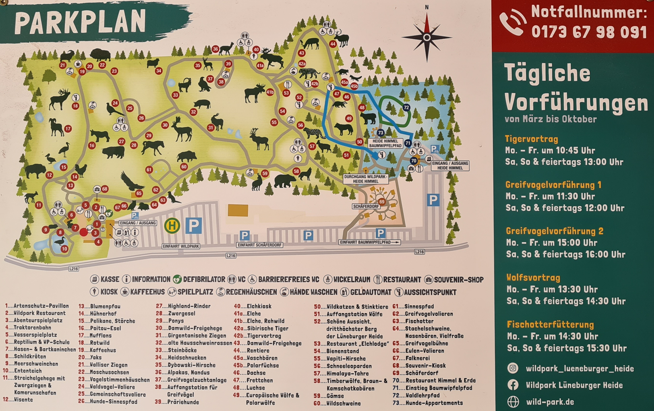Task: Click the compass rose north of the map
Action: (427, 37)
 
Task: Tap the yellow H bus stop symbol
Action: (172, 226)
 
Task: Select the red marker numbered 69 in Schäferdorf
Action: (381, 202)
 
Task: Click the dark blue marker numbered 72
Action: (406, 108)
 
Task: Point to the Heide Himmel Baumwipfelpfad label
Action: (385, 143)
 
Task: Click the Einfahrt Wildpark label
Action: (181, 246)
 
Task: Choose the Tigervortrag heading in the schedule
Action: (531, 139)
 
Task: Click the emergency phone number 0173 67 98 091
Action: (589, 32)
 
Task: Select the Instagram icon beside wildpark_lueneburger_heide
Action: (513, 368)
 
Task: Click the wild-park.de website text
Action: (550, 402)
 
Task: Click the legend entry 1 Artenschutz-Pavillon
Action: (37, 306)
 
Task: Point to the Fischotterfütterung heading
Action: (550, 325)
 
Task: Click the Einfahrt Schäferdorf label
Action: (260, 245)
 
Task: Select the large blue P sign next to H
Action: (193, 226)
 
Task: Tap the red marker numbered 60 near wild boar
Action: (184, 167)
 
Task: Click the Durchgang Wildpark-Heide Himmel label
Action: (365, 179)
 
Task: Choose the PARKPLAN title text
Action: (80, 22)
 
